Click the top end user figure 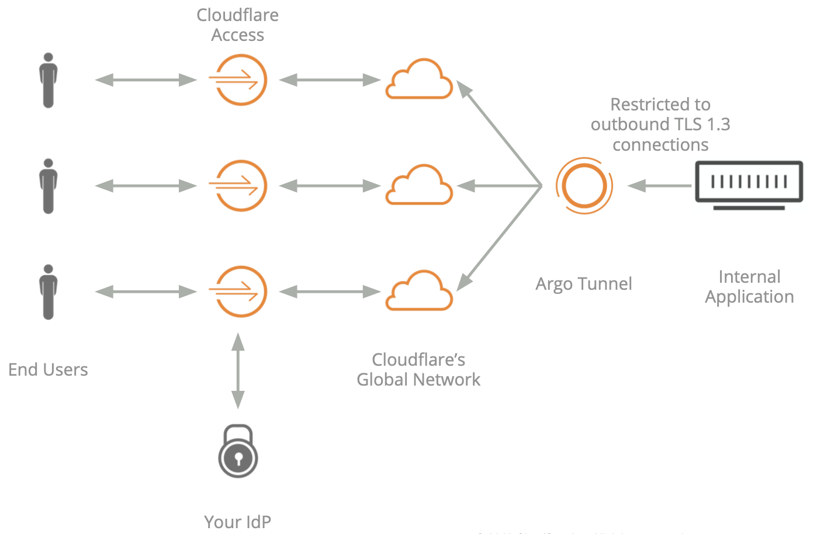[49, 81]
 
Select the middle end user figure [49, 186]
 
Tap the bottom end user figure [49, 292]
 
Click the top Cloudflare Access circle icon [238, 80]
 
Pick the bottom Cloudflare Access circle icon [238, 292]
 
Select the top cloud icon [419, 79]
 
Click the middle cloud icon [419, 185]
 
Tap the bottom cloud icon [419, 291]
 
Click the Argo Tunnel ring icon [584, 186]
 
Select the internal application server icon [749, 183]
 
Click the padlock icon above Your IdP [238, 452]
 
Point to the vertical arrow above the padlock [238, 370]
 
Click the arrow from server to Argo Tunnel [659, 186]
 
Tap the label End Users [48, 370]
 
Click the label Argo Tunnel [584, 284]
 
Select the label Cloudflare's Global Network [418, 370]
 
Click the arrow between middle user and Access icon [146, 186]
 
